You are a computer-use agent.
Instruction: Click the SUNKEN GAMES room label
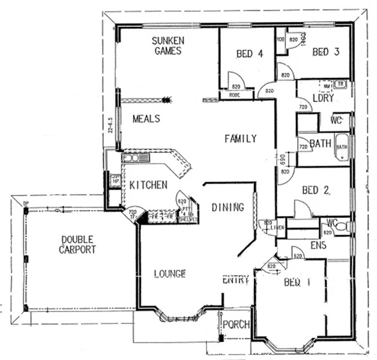tap(167, 46)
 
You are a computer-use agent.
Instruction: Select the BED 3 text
tap(326, 52)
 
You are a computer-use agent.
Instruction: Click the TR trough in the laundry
tap(340, 83)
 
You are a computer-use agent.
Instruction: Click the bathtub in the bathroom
tap(342, 146)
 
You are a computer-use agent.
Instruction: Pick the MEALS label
tap(146, 119)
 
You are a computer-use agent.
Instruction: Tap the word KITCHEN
tap(148, 185)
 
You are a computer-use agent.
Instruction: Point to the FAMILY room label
tap(240, 139)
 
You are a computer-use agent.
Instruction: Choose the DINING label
tap(228, 208)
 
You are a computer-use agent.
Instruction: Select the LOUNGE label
tap(169, 274)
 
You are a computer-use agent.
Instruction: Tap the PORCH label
tap(235, 325)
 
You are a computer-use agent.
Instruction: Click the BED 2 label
tap(316, 191)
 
